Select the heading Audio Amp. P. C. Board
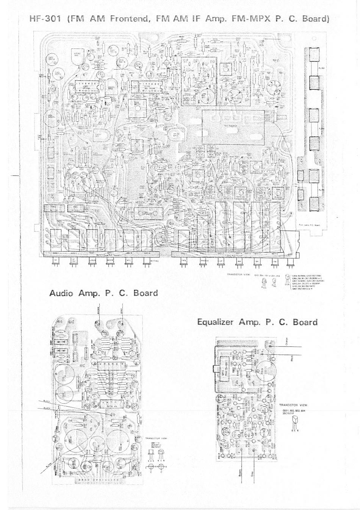click(103, 293)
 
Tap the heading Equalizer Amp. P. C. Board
click(257, 322)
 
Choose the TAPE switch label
click(183, 260)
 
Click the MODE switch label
click(110, 260)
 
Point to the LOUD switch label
click(92, 260)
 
